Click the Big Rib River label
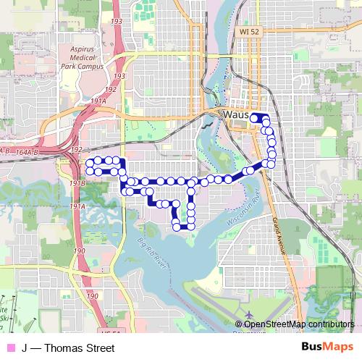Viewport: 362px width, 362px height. click(x=152, y=256)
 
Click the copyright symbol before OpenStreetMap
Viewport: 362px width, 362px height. click(x=240, y=324)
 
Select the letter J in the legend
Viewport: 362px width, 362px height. click(x=25, y=348)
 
